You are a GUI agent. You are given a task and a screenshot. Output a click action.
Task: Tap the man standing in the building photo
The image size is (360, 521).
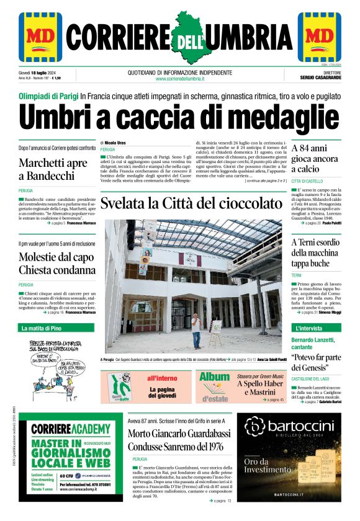pos(196,330)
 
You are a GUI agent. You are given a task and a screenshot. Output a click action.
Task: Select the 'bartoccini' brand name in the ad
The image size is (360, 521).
pos(291,425)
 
